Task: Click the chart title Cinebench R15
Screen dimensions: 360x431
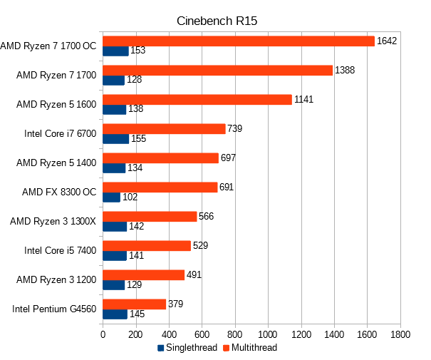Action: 217,21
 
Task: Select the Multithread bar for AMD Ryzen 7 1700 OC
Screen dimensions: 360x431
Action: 239,41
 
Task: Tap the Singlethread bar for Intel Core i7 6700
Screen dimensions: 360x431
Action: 116,138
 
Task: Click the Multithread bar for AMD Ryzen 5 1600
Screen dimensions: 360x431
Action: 197,99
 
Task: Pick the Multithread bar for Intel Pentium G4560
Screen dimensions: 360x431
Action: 135,304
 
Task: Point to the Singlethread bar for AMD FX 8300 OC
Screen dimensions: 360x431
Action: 112,197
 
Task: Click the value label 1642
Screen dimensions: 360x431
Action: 387,41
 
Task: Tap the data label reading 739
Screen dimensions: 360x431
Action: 236,128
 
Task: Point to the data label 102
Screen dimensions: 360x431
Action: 130,197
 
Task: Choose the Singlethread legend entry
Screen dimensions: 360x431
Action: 186,348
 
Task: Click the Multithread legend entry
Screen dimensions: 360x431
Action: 249,348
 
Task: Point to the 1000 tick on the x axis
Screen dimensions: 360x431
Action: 269,334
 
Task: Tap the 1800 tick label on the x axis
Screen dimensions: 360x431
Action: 400,334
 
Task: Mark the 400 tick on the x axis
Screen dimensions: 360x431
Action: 169,334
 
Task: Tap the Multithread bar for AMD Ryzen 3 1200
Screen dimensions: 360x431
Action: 144,274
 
